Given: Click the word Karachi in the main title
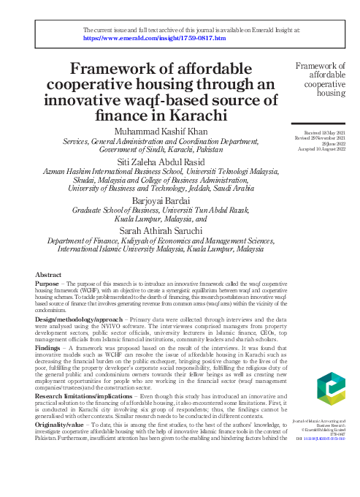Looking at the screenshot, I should pyautogui.click(x=197, y=115).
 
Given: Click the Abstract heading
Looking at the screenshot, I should pyautogui.click(x=49, y=274).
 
